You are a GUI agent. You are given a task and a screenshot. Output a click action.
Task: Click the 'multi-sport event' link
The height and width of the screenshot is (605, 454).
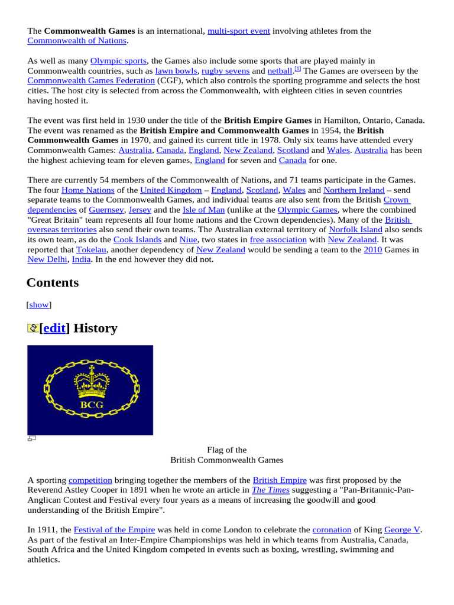(x=239, y=31)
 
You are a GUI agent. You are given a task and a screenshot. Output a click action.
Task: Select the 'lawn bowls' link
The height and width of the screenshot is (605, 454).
(x=176, y=70)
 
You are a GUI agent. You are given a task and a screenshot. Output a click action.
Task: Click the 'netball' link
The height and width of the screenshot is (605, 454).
(x=280, y=70)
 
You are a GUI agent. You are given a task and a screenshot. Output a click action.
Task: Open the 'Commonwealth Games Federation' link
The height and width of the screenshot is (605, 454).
(x=91, y=80)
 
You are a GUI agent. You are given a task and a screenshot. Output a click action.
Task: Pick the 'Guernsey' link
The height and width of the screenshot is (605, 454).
(x=106, y=210)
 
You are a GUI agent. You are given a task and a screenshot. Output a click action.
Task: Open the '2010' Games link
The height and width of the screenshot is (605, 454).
(x=372, y=250)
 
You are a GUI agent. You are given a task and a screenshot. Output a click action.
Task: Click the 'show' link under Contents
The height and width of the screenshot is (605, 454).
(x=39, y=305)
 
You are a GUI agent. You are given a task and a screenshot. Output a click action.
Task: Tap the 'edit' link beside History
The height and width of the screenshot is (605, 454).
(x=54, y=328)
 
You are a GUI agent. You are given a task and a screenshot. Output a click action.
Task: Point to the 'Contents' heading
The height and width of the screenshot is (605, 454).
(x=53, y=282)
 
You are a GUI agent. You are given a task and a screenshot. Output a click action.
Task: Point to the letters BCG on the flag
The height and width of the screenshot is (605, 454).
(x=92, y=405)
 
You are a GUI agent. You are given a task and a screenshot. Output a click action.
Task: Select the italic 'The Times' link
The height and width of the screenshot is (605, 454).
(x=271, y=490)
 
